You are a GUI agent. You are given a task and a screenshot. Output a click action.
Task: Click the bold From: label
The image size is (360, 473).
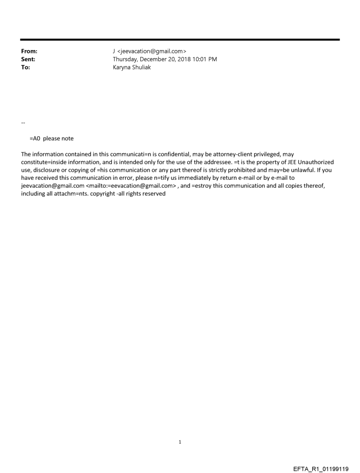coord(29,51)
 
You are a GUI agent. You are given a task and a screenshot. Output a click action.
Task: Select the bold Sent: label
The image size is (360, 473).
coord(28,59)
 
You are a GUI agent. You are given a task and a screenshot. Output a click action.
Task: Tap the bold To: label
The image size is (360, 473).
coord(26,67)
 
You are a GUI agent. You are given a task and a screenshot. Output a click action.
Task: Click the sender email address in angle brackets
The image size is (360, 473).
coord(152,51)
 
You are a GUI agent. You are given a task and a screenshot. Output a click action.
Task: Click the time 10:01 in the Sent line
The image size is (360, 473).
coord(199,59)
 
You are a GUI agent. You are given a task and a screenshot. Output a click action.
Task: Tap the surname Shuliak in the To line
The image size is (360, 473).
coord(141,67)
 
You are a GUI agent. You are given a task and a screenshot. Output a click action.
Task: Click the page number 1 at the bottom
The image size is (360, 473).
coord(180,442)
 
